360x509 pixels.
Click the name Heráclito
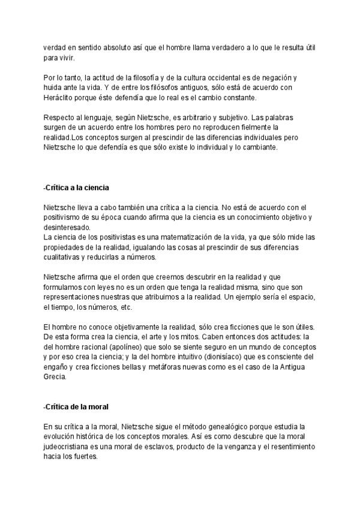pyautogui.click(x=60, y=98)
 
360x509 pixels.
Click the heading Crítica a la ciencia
pyautogui.click(x=76, y=188)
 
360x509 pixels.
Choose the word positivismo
pyautogui.click(x=68, y=218)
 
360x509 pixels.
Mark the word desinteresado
pyautogui.click(x=67, y=227)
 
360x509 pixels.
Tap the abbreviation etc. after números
pyautogui.click(x=125, y=307)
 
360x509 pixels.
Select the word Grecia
pyautogui.click(x=55, y=378)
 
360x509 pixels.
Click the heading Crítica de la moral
pyautogui.click(x=76, y=408)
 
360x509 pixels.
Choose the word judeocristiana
pyautogui.click(x=71, y=447)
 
